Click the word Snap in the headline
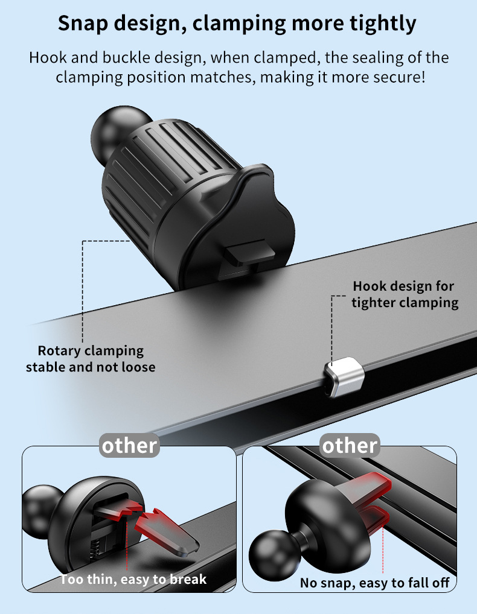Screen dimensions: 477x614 [x=83, y=23]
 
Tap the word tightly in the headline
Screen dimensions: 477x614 [x=383, y=24]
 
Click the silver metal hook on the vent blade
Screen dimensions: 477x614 [x=344, y=377]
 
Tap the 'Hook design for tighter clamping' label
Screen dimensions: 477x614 [x=405, y=294]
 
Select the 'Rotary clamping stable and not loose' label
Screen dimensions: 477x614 [x=91, y=359]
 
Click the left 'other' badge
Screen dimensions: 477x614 [x=129, y=446]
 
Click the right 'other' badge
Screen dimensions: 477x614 [x=350, y=446]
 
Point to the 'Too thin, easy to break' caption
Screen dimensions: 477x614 [x=133, y=579]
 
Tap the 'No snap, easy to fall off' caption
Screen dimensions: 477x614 [x=374, y=583]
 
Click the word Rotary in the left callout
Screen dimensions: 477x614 [x=59, y=351]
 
